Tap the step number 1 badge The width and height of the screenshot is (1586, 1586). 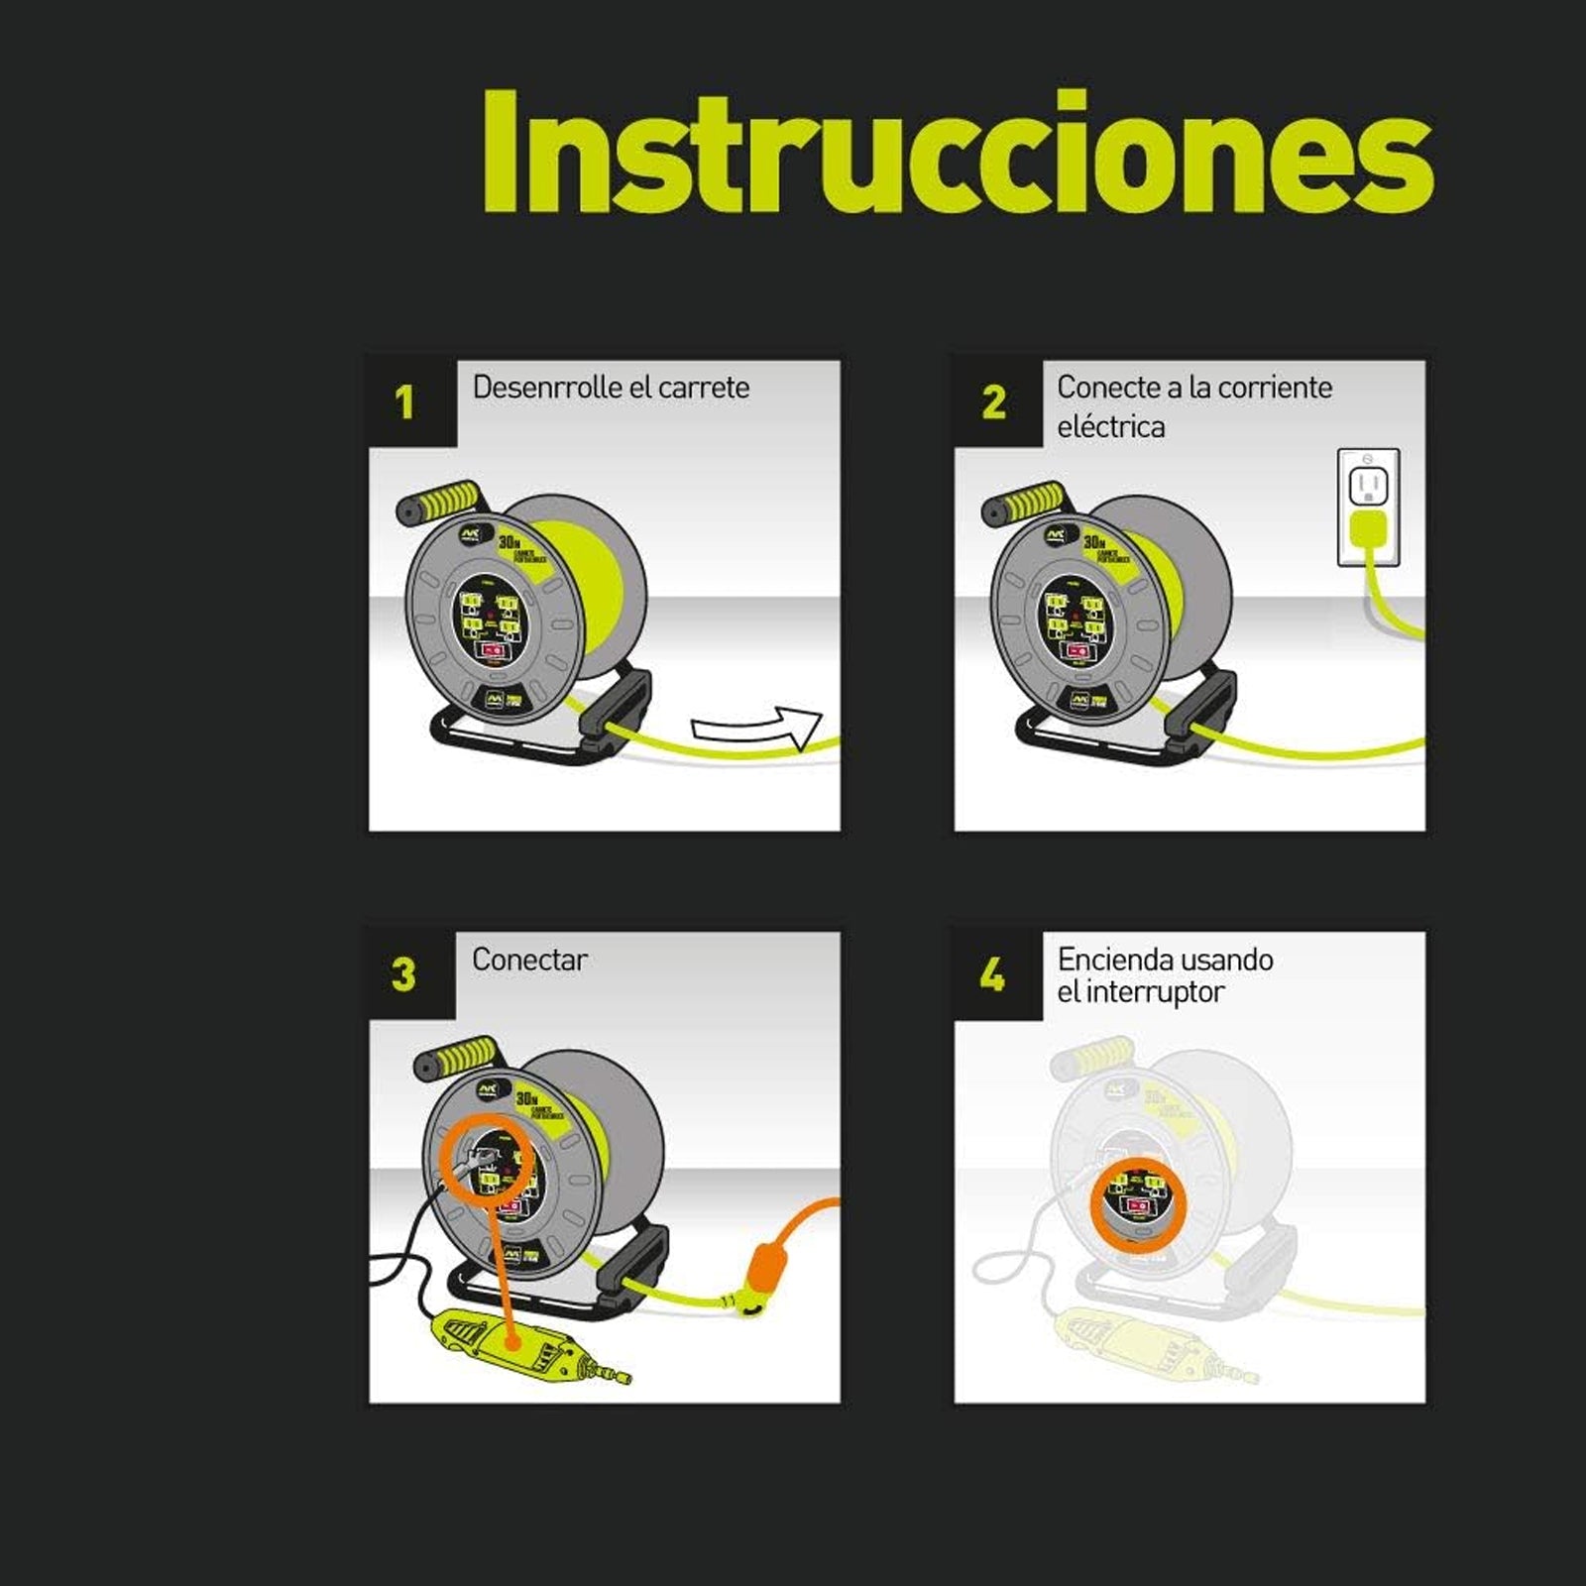pyautogui.click(x=404, y=402)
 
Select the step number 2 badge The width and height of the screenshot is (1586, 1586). pyautogui.click(x=993, y=402)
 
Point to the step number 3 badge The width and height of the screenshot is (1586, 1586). pyautogui.click(x=403, y=974)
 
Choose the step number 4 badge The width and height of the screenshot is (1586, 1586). pyautogui.click(x=992, y=975)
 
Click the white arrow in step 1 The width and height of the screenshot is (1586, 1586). pyautogui.click(x=759, y=730)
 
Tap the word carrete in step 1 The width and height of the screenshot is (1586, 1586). pyautogui.click(x=703, y=388)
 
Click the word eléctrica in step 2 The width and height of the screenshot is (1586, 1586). pyautogui.click(x=1110, y=427)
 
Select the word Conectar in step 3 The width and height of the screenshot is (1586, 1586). pyautogui.click(x=529, y=960)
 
